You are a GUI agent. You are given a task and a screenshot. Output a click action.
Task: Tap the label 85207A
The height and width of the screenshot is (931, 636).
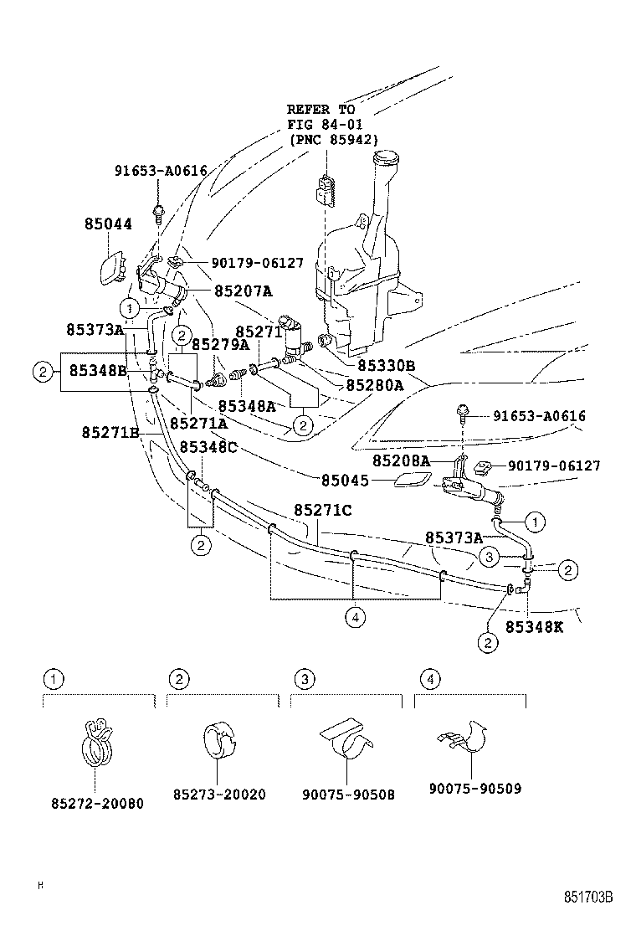pos(244,292)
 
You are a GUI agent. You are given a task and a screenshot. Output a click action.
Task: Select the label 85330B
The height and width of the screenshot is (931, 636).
pos(387,366)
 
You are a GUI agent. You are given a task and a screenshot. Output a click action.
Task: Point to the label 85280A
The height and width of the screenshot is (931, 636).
pos(375,386)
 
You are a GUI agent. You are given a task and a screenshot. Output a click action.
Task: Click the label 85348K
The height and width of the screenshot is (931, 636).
pos(534,626)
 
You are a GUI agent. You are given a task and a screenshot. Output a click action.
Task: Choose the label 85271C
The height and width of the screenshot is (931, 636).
pos(322,510)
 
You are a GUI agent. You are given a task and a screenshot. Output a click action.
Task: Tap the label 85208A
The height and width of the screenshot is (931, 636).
pos(402,460)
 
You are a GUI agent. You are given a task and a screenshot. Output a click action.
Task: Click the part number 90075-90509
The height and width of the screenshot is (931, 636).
pos(474,788)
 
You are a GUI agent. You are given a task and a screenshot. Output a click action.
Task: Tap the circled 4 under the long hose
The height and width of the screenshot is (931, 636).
pos(355,618)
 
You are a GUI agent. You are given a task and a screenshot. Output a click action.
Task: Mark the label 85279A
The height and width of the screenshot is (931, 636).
pos(221,344)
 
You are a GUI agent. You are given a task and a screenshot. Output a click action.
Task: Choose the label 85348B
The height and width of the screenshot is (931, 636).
pos(98,370)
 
